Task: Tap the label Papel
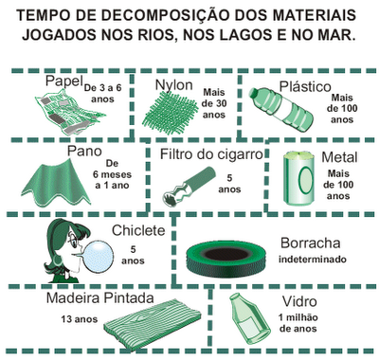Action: click(64, 81)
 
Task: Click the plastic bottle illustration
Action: click(280, 109)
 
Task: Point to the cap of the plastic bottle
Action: click(254, 93)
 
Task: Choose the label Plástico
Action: click(305, 86)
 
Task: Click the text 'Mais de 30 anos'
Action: click(214, 103)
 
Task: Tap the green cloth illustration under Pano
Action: click(56, 183)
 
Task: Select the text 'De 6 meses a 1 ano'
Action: click(112, 174)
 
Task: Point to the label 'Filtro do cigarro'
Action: click(211, 154)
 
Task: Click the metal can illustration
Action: click(299, 178)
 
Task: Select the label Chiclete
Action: click(138, 230)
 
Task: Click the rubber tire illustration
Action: click(226, 257)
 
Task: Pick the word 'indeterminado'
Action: click(313, 260)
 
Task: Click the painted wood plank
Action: click(152, 324)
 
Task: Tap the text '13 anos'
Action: click(80, 319)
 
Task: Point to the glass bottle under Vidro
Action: click(248, 318)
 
